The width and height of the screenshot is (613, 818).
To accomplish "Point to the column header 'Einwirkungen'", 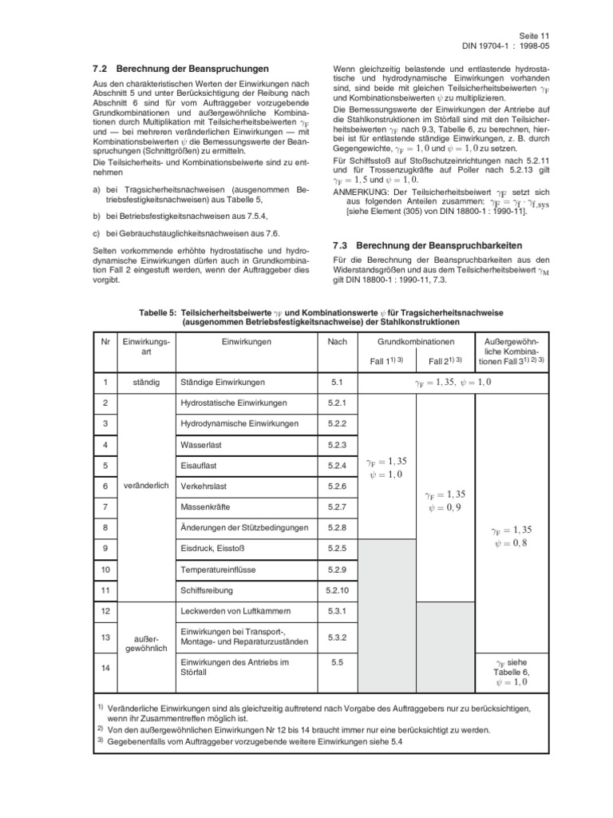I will (247, 342).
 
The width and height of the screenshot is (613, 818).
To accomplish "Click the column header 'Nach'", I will (337, 342).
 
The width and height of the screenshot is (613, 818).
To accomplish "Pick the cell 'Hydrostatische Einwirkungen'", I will (234, 403).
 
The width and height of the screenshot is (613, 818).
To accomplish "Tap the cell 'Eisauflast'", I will (201, 464).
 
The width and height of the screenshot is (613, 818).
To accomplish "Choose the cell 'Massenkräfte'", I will (208, 506).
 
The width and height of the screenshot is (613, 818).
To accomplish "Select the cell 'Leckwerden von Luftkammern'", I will (233, 611).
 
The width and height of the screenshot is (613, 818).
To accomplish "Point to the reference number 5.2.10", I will (337, 590).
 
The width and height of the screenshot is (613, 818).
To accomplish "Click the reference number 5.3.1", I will (337, 611).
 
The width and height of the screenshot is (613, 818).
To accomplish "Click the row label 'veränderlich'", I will (146, 485).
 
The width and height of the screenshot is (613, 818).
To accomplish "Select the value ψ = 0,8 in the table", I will (512, 542).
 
